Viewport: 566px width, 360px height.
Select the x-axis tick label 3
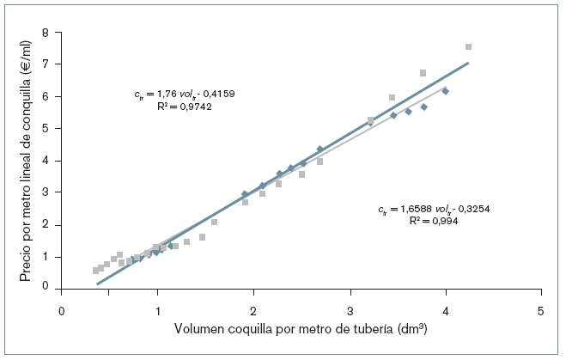tap(350, 309)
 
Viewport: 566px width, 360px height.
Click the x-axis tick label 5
tap(541, 309)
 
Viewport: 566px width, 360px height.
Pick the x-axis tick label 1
tap(157, 309)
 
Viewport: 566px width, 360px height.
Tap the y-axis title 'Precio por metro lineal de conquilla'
tap(25, 161)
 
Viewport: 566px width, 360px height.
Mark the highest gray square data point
tap(468, 46)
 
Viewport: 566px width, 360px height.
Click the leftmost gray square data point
tap(95, 270)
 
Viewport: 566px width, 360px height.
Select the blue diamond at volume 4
tap(445, 91)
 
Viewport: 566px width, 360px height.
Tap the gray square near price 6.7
tap(423, 73)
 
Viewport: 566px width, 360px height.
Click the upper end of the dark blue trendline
tap(468, 62)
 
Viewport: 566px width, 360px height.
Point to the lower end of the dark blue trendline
tap(97, 283)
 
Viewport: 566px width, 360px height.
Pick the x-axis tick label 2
tap(253, 309)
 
